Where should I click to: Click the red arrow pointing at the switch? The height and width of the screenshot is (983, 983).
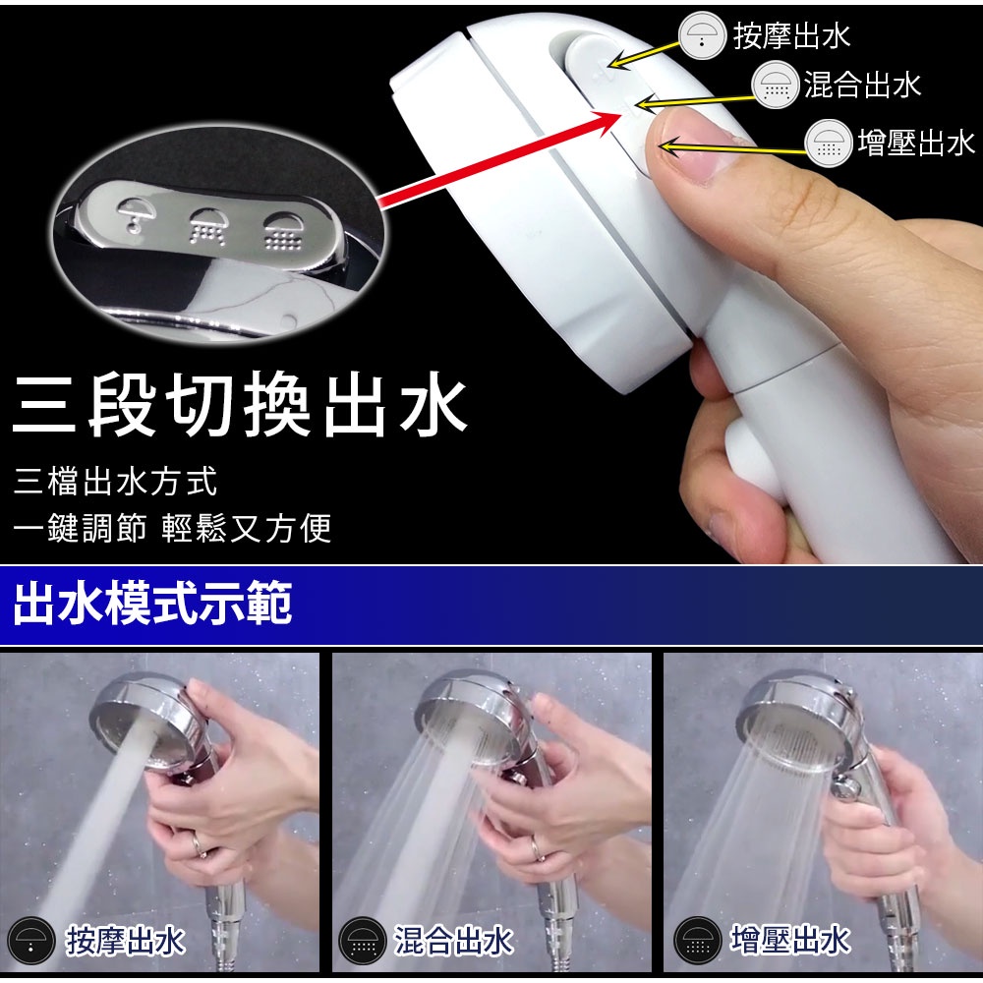[x=499, y=158]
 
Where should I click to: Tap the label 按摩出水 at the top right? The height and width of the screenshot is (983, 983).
[x=791, y=35]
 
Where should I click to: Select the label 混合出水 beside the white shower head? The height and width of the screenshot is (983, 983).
[x=863, y=85]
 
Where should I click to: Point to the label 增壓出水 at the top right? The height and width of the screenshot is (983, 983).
[x=916, y=143]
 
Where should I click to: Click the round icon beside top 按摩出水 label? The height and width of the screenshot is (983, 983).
[x=702, y=35]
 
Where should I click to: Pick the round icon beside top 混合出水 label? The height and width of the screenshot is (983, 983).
[x=776, y=85]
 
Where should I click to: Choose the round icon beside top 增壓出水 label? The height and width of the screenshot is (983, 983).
[x=829, y=143]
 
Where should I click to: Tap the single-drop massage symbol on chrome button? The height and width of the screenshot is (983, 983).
[x=135, y=215]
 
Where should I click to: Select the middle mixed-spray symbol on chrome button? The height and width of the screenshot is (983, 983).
[x=207, y=227]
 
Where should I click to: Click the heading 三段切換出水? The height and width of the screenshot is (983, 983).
[x=239, y=404]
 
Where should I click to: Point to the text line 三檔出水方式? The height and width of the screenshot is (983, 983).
[x=115, y=482]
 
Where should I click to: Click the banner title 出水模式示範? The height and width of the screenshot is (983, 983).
[x=153, y=604]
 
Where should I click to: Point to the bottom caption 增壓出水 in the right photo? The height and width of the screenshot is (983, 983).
[x=790, y=941]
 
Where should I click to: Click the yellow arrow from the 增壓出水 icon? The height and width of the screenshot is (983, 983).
[x=732, y=148]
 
